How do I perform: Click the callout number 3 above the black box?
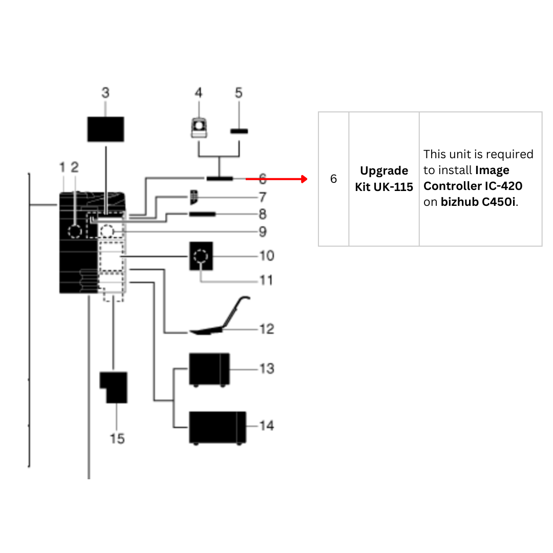coord(105,93)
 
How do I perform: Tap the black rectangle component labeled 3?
coord(105,129)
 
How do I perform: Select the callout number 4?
coord(198,93)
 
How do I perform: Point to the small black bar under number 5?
coord(239,132)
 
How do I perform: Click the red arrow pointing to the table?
coord(276,179)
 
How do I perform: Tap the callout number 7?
coord(262,197)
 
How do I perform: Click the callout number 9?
coord(262,231)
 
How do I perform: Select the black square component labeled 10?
coord(201,256)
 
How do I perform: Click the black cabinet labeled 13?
coord(209,369)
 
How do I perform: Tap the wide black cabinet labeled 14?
coord(217,427)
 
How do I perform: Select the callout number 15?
coord(117,439)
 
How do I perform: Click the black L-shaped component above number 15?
coord(114,387)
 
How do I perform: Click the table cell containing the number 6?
coord(333,179)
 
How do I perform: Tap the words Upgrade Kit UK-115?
coord(384,179)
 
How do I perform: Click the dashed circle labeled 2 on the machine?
coord(75,231)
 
